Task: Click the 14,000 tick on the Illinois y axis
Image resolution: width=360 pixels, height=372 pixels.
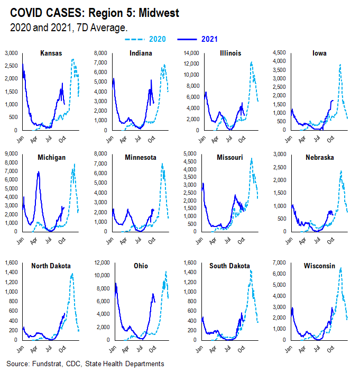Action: click(x=190, y=53)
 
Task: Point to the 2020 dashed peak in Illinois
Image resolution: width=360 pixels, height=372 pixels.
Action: click(x=251, y=62)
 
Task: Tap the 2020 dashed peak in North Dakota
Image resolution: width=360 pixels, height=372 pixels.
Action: click(x=72, y=274)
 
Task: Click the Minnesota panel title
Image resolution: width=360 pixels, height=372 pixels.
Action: click(x=142, y=158)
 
